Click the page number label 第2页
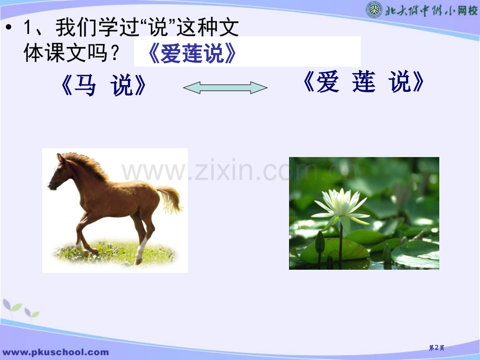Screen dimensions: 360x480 (436, 348)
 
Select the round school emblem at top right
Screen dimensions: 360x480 (374, 9)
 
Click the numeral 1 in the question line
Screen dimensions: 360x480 (27, 29)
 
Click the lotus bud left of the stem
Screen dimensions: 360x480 (320, 243)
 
